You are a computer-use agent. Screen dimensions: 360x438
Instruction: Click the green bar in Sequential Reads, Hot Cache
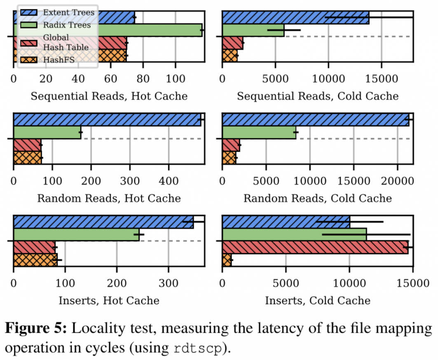pos(148,30)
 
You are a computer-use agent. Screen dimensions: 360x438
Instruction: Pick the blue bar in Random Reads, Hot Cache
pos(107,119)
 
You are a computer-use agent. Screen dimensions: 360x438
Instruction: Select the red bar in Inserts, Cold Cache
pos(315,247)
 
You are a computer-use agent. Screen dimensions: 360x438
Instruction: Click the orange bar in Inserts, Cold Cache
pos(227,260)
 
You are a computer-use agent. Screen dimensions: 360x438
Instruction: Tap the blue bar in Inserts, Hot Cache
pos(103,222)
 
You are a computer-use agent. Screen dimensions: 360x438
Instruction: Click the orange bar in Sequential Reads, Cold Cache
pos(230,56)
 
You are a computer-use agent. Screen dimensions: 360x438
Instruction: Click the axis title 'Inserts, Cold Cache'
pos(317,300)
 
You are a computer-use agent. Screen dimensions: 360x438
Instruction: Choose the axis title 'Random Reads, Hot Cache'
pos(109,198)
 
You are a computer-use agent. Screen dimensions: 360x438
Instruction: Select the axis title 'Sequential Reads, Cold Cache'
pos(318,96)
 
